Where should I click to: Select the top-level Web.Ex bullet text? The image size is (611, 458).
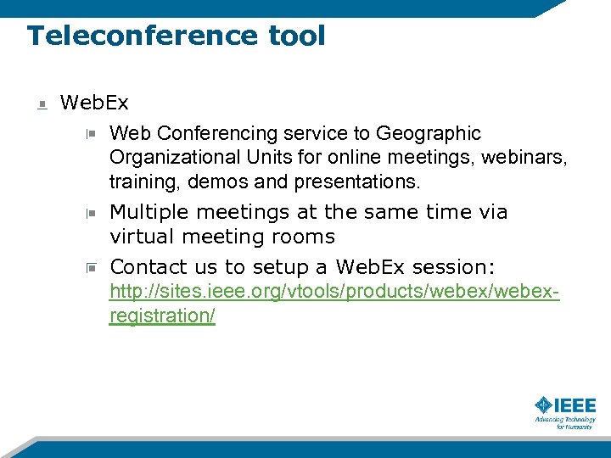point(94,103)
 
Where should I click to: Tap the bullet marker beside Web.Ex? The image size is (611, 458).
point(42,104)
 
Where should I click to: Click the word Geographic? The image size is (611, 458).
point(429,134)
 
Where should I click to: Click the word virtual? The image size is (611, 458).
point(141,237)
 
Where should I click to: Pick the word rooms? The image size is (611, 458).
point(302,237)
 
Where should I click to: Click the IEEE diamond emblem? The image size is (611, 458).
point(545,405)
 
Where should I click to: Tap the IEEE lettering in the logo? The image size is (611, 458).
point(577,405)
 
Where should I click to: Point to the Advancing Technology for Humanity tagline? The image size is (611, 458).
point(565,422)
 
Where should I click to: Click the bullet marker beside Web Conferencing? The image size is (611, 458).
point(91,134)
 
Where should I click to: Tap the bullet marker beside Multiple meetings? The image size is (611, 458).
point(91,213)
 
